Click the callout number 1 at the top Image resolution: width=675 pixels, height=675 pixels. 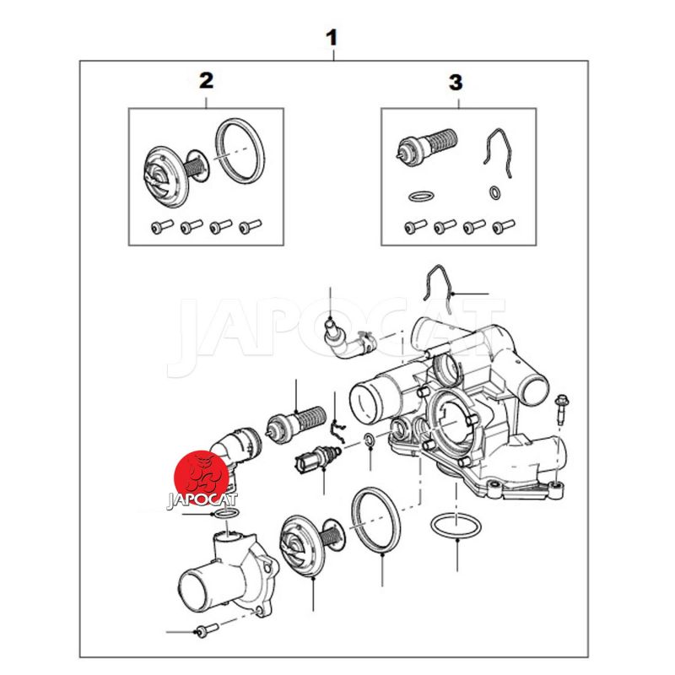click(x=332, y=38)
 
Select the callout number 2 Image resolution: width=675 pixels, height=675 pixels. click(x=206, y=81)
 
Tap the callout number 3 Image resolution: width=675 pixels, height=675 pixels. click(x=456, y=83)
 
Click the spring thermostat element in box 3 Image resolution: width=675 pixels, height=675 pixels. click(x=426, y=144)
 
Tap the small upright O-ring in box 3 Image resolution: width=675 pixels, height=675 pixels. click(x=495, y=192)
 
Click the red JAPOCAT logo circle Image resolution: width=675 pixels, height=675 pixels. click(x=201, y=478)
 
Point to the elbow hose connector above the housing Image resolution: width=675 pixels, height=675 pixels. click(x=348, y=340)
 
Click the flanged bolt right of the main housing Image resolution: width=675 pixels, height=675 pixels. click(x=561, y=409)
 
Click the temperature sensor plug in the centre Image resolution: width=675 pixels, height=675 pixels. click(x=317, y=459)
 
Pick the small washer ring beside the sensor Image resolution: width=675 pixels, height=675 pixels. click(x=370, y=440)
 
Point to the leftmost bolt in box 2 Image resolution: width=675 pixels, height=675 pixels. click(x=162, y=226)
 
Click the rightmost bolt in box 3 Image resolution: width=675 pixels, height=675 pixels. click(x=503, y=226)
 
